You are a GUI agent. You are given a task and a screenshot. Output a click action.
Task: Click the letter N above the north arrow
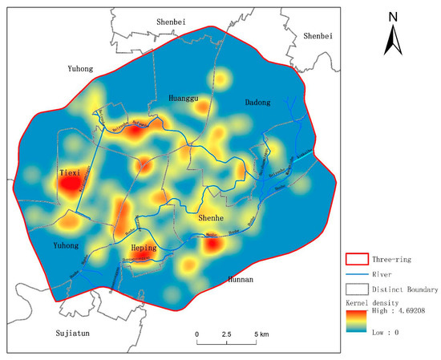point(393,17)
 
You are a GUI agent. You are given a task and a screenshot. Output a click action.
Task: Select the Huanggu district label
point(184,99)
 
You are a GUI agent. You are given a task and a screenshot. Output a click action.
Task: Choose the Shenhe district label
point(214,217)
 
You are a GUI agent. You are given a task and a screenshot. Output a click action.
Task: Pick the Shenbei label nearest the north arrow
point(321,36)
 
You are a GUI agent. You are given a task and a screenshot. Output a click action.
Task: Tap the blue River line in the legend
point(355,274)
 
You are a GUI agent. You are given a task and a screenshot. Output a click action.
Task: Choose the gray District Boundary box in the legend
point(355,289)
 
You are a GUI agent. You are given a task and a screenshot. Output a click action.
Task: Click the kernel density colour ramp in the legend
point(354,322)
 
